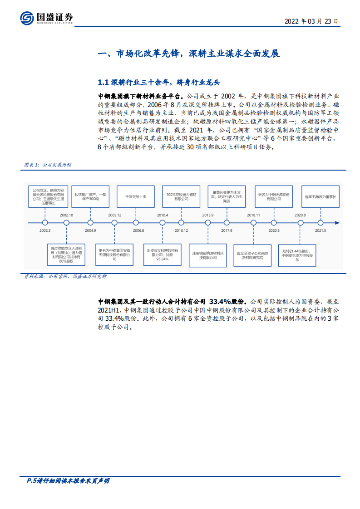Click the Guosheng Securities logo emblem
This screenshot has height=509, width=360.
tap(27, 18)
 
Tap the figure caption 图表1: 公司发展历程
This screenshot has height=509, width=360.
tap(48, 165)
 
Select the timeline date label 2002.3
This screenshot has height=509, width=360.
tap(45, 230)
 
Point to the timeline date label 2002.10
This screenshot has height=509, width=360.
tap(66, 215)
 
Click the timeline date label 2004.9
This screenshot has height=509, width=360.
tap(90, 230)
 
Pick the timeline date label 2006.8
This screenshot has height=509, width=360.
tap(138, 230)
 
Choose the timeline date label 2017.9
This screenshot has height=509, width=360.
tap(227, 230)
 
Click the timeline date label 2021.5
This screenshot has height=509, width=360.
tap(321, 230)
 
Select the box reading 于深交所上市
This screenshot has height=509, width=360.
tap(134, 197)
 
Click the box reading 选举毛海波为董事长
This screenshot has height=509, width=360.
tap(321, 197)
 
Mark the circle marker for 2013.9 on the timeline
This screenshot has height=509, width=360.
tap(208, 223)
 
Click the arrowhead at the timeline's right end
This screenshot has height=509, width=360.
tap(336, 223)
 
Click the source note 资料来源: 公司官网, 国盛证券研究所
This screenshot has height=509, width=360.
tap(65, 276)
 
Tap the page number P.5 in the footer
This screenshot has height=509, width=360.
tap(29, 481)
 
